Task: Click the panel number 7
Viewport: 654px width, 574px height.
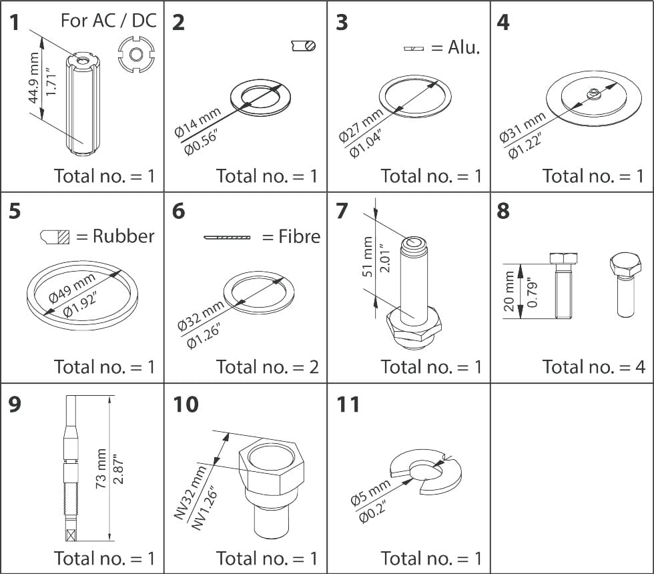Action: click(342, 212)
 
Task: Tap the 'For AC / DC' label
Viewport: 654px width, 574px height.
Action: click(109, 20)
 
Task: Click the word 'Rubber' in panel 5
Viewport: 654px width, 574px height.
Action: click(123, 236)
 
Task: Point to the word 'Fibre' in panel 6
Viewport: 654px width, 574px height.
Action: click(300, 236)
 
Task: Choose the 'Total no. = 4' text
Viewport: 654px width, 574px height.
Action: click(593, 366)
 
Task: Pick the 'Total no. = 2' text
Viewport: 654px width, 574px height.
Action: click(267, 366)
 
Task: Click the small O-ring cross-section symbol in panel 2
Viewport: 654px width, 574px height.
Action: click(304, 45)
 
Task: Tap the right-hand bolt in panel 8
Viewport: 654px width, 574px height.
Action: click(625, 284)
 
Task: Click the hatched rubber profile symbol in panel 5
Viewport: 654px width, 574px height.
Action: click(55, 236)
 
